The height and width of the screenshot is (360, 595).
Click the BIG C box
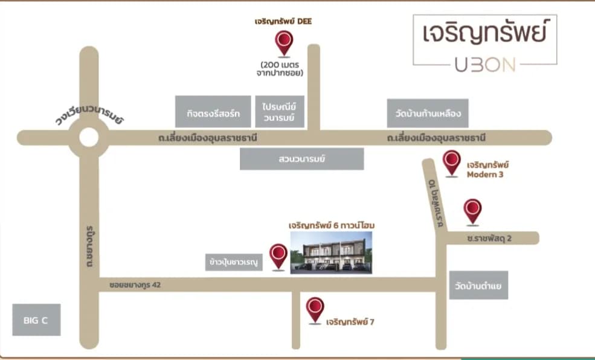pyautogui.click(x=36, y=320)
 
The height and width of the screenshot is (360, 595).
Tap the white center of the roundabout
pyautogui.click(x=89, y=137)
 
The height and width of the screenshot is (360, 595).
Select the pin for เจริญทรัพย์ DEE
pyautogui.click(x=284, y=43)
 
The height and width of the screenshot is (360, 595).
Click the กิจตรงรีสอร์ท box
pyautogui.click(x=213, y=112)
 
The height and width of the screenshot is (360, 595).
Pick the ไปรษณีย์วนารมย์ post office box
pyautogui.click(x=280, y=112)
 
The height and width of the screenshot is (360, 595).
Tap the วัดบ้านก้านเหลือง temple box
pyautogui.click(x=428, y=113)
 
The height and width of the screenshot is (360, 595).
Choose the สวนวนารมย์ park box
pyautogui.click(x=301, y=159)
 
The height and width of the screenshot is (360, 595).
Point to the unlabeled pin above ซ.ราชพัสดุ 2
pyautogui.click(x=472, y=212)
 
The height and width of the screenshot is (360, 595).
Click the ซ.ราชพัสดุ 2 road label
pyautogui.click(x=489, y=238)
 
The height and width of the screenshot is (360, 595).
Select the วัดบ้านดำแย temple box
pyautogui.click(x=478, y=285)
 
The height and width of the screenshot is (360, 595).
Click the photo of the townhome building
pyautogui.click(x=331, y=252)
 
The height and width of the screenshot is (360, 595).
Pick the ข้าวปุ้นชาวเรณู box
pyautogui.click(x=234, y=262)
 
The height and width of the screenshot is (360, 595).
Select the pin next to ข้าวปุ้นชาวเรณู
pyautogui.click(x=278, y=257)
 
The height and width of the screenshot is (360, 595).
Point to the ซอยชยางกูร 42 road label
pyautogui.click(x=135, y=284)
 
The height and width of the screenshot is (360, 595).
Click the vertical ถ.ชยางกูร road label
pyautogui.click(x=89, y=246)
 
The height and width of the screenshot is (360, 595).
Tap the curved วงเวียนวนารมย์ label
pyautogui.click(x=89, y=114)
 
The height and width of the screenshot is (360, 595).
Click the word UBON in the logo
pyautogui.click(x=485, y=65)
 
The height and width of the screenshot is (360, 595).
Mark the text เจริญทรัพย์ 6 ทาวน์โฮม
pyautogui.click(x=332, y=225)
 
